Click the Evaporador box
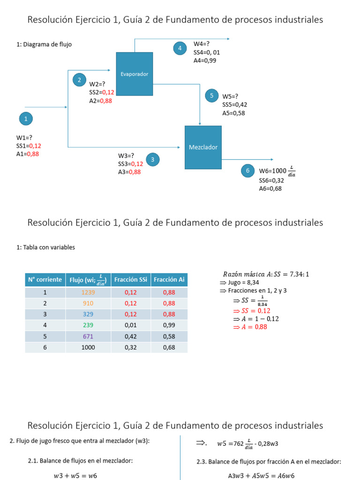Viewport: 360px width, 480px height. pos(134,74)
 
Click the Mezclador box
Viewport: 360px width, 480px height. pos(203,147)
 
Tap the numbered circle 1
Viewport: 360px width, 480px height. pos(26,119)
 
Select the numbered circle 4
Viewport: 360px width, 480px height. pos(180,48)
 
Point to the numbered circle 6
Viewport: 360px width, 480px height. pos(247,171)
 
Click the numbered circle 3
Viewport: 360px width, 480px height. pos(152,160)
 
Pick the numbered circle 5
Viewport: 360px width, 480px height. pos(211,96)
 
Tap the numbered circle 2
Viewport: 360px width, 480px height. pos(79,80)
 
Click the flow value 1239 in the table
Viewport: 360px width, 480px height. pos(88,292)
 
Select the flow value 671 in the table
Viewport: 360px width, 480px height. pos(88,336)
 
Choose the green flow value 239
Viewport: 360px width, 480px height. pos(88,325)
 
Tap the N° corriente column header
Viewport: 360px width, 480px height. pos(45,280)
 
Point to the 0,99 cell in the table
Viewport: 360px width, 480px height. pos(169,325)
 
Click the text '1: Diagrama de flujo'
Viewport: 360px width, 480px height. pos(44,45)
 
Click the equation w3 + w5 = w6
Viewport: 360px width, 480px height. pos(77,476)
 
